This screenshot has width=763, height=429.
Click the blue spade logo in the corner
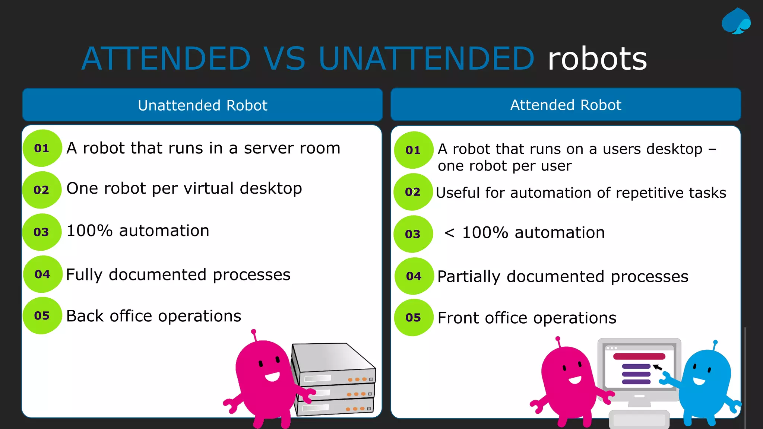click(x=736, y=22)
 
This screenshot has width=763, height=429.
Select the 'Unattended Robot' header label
click(x=202, y=105)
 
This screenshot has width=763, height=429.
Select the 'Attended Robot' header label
click(x=566, y=105)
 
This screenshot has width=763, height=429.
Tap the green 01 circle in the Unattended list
click(x=42, y=148)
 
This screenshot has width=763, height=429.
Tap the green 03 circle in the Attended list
click(x=413, y=234)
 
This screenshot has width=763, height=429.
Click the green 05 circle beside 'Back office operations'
click(x=42, y=316)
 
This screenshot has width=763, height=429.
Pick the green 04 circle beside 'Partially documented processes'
click(x=414, y=276)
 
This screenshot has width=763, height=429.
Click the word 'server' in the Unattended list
click(x=267, y=148)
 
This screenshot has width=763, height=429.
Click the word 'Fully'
click(x=84, y=275)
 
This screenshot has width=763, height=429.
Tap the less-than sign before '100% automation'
click(x=449, y=233)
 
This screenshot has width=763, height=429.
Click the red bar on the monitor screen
click(x=639, y=356)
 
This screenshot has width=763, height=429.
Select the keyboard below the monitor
click(x=639, y=420)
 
